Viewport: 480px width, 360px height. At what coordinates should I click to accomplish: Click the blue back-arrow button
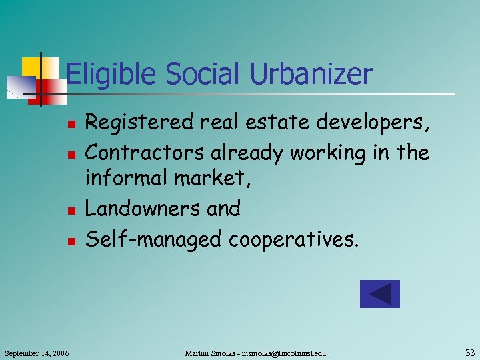point(379,294)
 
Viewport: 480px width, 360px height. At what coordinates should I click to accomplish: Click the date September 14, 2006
point(37,352)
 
